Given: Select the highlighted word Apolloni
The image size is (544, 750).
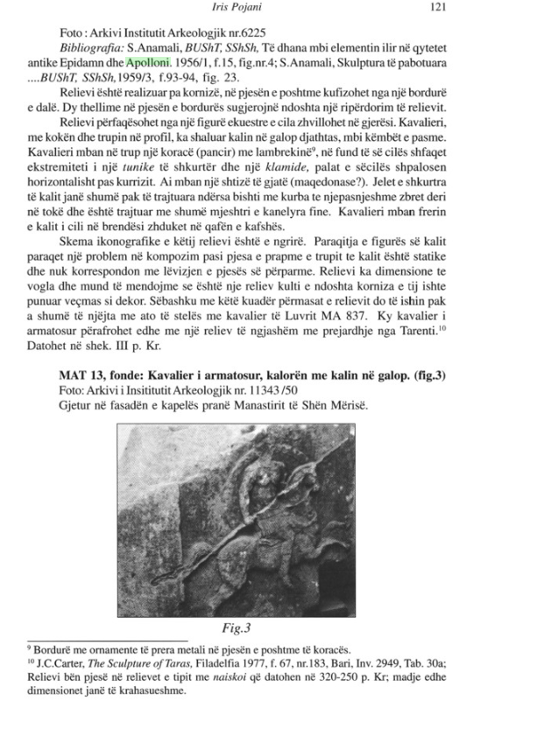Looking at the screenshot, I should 148,62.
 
